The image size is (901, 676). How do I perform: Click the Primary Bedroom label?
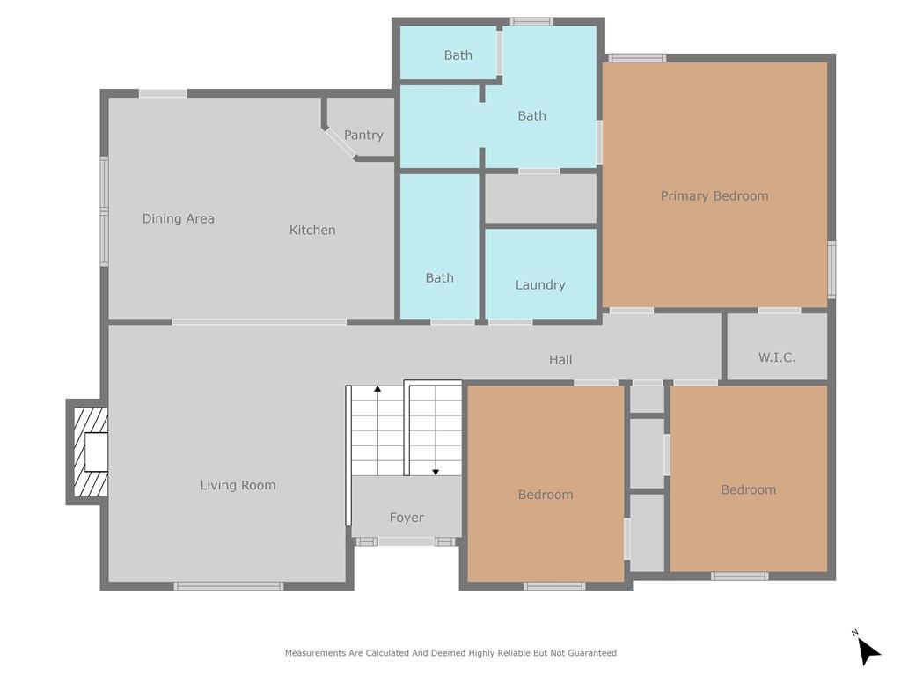tap(714, 195)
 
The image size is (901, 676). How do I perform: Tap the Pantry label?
tap(363, 135)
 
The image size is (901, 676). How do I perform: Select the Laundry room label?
tap(540, 284)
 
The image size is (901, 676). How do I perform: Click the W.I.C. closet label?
tap(777, 357)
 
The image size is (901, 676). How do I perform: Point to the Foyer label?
tap(407, 518)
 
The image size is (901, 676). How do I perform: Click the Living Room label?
tap(238, 485)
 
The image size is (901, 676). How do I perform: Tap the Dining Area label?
tap(179, 218)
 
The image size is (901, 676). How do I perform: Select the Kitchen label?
tap(312, 230)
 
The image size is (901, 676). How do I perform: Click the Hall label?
tap(560, 359)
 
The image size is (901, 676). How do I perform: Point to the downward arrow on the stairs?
tap(436, 431)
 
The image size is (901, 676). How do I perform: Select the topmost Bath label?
tap(458, 55)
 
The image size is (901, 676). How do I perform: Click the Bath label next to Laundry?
tap(439, 277)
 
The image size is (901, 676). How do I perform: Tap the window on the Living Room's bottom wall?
tap(229, 585)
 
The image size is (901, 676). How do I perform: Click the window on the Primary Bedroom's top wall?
tap(637, 58)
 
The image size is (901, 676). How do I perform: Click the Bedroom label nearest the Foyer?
tap(546, 495)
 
